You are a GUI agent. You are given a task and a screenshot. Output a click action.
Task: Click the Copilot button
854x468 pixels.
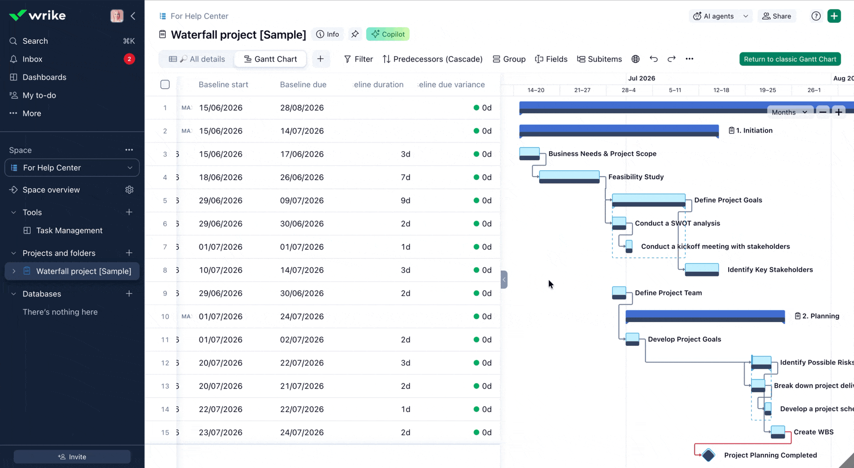click(x=388, y=34)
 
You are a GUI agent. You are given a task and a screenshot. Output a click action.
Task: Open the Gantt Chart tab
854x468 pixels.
click(x=270, y=59)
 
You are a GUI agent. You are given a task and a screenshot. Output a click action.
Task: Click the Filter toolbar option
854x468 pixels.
click(x=358, y=59)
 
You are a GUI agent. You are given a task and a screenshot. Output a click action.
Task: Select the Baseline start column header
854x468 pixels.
click(x=223, y=85)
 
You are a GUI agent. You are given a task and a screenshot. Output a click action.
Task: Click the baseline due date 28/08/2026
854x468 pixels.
click(x=302, y=108)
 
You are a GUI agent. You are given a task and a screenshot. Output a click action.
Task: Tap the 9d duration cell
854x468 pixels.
click(x=405, y=201)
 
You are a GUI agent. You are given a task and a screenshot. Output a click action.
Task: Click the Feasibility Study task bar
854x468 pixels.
click(x=569, y=177)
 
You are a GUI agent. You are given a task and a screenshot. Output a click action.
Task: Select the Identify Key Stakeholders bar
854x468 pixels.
click(x=702, y=269)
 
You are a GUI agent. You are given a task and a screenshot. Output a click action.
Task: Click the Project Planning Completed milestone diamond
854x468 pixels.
click(x=708, y=455)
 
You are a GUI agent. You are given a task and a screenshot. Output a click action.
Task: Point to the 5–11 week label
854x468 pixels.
click(x=675, y=90)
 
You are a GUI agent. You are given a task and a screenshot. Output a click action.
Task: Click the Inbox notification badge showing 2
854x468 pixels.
click(x=129, y=59)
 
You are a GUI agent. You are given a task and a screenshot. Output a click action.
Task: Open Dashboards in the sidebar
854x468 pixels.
click(x=44, y=77)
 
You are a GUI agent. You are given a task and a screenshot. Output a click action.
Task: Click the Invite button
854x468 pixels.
click(x=72, y=457)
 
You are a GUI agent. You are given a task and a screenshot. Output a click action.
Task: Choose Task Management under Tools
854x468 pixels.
click(x=69, y=230)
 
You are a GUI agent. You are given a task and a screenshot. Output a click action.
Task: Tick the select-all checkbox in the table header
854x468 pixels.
click(x=165, y=85)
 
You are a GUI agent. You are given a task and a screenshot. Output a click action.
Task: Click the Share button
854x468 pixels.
click(x=777, y=16)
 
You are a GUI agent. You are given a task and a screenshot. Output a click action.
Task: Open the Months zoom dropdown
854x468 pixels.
click(x=789, y=112)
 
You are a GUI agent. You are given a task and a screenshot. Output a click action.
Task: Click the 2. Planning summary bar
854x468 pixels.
click(x=705, y=316)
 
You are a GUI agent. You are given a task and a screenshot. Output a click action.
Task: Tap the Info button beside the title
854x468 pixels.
click(x=328, y=34)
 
